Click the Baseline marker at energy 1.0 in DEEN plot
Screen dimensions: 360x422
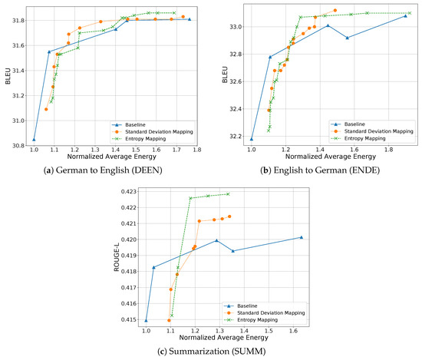[34, 140]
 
